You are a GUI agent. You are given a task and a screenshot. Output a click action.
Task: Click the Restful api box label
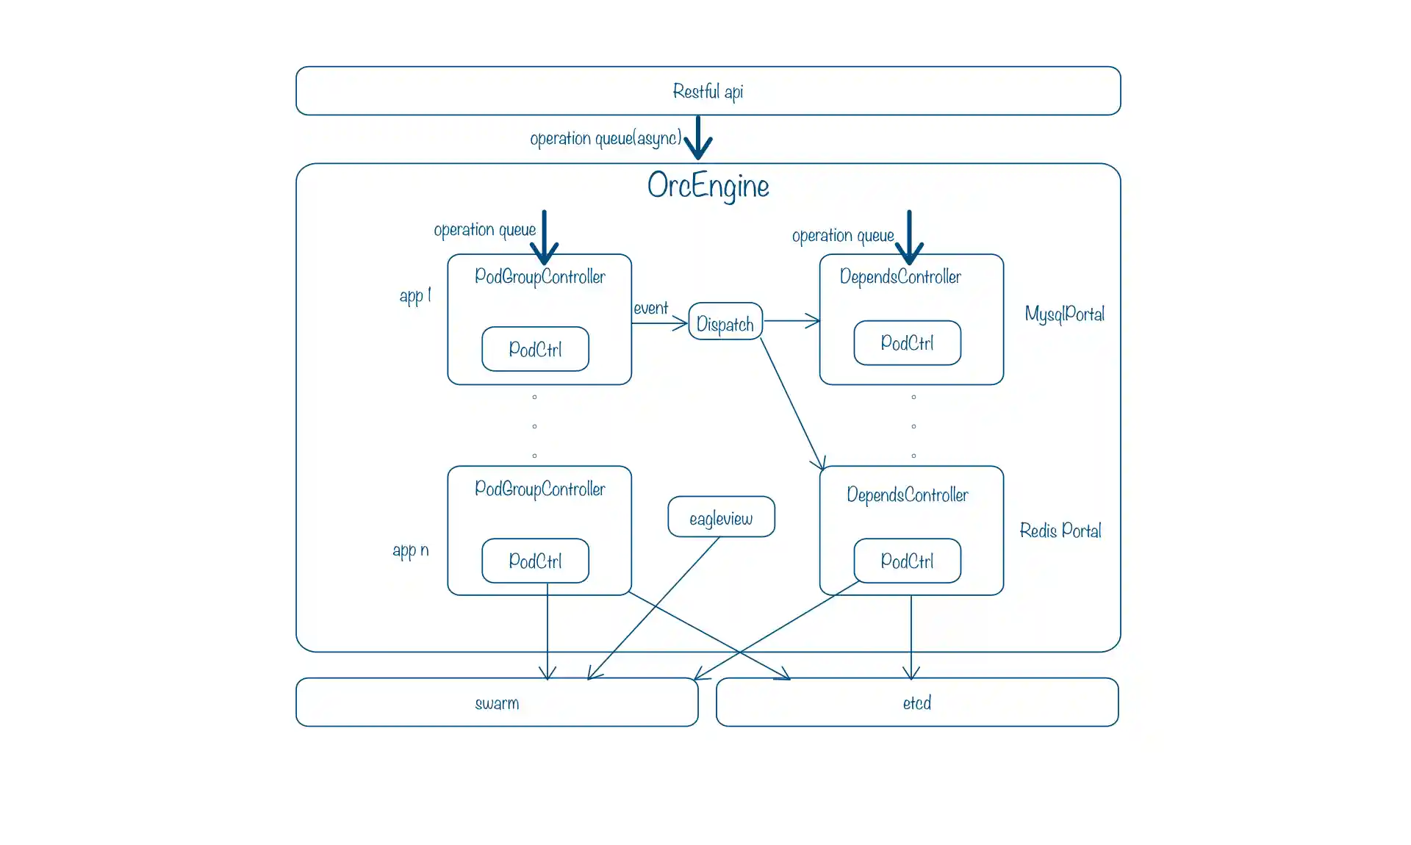708,91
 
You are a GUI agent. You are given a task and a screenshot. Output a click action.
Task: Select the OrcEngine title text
708,186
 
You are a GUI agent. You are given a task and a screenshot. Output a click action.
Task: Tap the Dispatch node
725,323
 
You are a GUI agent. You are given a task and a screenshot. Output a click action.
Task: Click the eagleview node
721,517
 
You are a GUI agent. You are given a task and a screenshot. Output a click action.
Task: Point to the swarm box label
497,703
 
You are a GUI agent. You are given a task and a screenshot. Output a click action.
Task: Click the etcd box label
916,703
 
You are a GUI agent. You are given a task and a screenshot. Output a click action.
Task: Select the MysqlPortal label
1064,314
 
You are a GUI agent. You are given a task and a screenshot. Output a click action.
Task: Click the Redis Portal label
1060,531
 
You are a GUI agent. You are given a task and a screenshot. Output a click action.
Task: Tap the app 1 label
414,295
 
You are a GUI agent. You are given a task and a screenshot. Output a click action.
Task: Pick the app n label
410,550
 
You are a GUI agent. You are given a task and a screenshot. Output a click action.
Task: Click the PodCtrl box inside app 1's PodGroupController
535,349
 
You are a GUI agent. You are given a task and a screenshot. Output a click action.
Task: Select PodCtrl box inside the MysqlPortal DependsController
907,343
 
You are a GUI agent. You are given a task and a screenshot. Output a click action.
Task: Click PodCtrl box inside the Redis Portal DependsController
907,561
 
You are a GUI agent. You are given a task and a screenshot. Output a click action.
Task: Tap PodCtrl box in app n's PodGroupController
535,561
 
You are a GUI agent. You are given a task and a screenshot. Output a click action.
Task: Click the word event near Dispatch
650,308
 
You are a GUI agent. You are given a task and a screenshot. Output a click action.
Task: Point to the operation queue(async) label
606,138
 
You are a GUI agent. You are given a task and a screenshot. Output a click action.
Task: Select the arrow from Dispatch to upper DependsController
791,321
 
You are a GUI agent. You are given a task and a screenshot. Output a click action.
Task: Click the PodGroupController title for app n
539,489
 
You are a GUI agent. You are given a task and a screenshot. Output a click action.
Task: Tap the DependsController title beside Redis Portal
907,495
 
